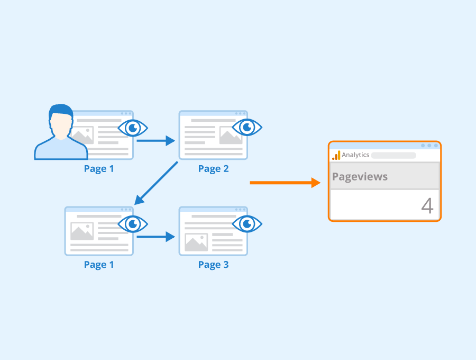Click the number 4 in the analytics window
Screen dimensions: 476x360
click(x=427, y=206)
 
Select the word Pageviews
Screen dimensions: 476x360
click(x=360, y=177)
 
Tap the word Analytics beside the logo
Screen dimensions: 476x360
click(x=355, y=155)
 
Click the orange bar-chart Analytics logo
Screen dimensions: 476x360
click(x=336, y=155)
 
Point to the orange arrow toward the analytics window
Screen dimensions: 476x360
click(x=285, y=183)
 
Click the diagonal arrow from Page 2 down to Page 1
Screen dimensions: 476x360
click(x=156, y=183)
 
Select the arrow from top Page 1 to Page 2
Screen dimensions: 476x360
click(x=155, y=141)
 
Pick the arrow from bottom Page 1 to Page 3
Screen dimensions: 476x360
click(x=155, y=237)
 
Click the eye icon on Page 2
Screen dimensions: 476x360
click(x=247, y=128)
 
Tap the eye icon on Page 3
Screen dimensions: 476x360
click(x=247, y=224)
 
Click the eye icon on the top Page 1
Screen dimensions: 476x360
click(x=133, y=128)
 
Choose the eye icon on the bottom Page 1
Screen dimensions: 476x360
click(x=133, y=224)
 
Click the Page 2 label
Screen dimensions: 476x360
click(x=214, y=169)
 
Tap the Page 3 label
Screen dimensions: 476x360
click(x=214, y=265)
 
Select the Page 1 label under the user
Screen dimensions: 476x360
click(x=99, y=169)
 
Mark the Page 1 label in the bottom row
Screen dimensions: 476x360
click(x=99, y=265)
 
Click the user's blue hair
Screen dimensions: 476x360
click(x=61, y=111)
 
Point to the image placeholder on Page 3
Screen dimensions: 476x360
click(x=196, y=242)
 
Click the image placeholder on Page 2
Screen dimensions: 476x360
click(x=231, y=135)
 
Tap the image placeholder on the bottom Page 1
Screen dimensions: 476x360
click(x=82, y=231)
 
